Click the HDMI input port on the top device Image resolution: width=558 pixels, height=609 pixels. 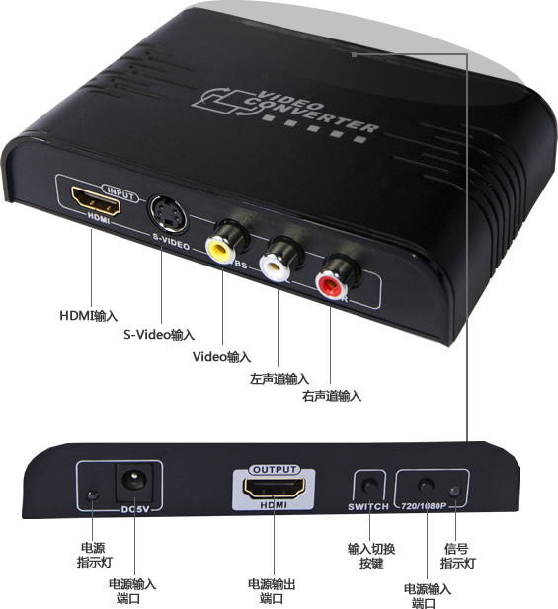tap(96, 201)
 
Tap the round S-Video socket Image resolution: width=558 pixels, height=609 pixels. tap(168, 213)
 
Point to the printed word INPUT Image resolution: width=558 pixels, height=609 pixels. tap(120, 193)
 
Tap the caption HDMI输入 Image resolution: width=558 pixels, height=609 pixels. tap(89, 315)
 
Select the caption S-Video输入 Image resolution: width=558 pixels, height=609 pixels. tap(159, 334)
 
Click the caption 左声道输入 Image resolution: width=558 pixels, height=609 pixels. tap(279, 379)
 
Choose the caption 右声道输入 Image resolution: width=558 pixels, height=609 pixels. tap(332, 396)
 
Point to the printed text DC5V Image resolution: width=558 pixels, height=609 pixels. tap(135, 509)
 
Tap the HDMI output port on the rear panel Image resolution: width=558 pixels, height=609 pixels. tap(274, 489)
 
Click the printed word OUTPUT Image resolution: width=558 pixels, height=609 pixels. tap(275, 470)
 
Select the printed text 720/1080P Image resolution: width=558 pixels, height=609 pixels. tap(424, 506)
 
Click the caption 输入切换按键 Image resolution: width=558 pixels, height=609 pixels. tap(371, 556)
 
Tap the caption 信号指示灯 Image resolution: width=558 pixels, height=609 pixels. tap(457, 556)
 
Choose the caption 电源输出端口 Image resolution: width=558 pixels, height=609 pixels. tap(272, 591)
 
